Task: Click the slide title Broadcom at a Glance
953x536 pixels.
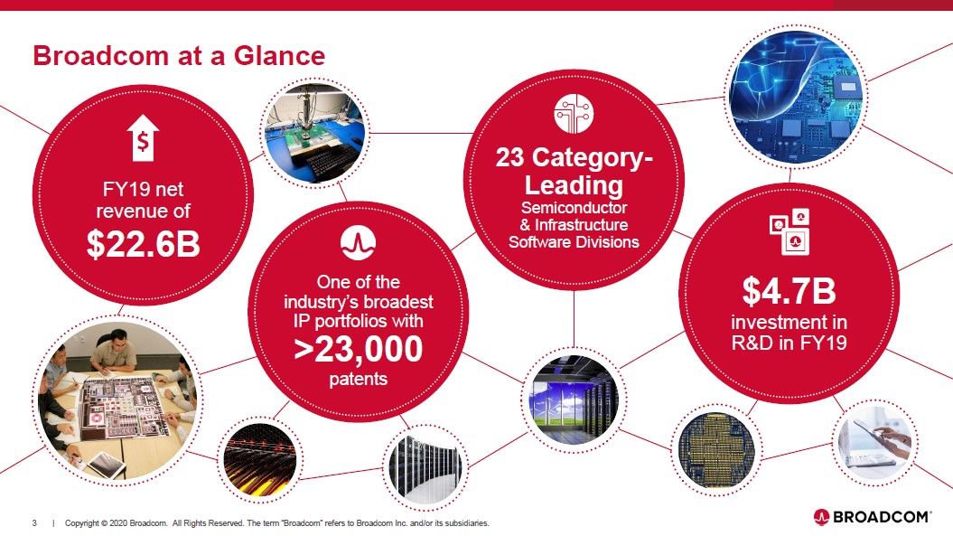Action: click(x=179, y=55)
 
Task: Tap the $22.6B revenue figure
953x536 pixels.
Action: click(x=144, y=243)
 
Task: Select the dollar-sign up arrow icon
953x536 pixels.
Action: click(x=143, y=138)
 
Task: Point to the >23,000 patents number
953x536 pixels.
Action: click(x=358, y=349)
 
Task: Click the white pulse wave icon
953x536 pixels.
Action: click(x=358, y=243)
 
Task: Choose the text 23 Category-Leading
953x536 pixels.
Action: click(x=574, y=171)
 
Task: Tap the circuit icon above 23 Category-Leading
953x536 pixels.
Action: click(x=574, y=114)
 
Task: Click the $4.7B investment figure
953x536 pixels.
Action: click(x=789, y=291)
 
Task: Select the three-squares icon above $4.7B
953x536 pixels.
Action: click(x=789, y=231)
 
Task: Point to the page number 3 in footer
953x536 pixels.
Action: click(x=34, y=522)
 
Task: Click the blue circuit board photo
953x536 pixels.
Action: click(x=796, y=96)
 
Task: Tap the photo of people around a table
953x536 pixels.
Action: click(x=118, y=401)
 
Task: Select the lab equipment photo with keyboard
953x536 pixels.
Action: click(x=315, y=133)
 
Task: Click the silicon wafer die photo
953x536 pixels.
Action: click(x=716, y=450)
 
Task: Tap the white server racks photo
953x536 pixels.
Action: click(x=425, y=468)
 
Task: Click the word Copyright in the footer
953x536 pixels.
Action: click(x=81, y=523)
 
